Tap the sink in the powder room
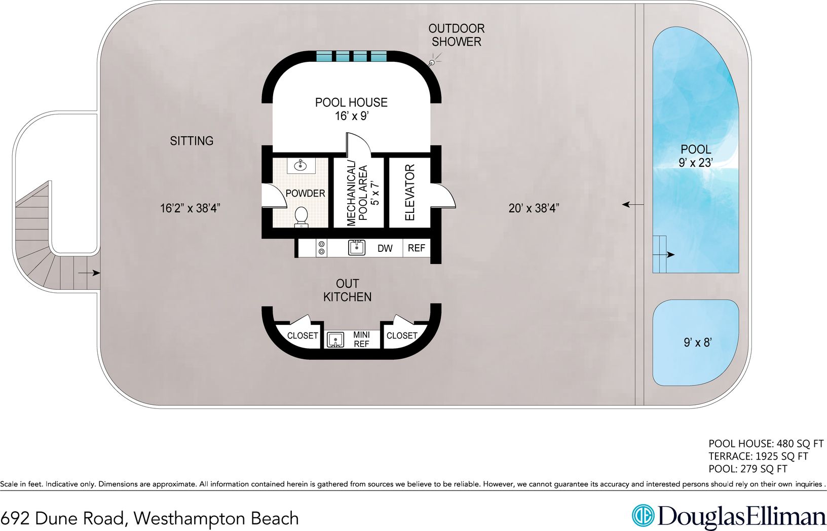[x=301, y=165]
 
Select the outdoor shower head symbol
[x=432, y=63]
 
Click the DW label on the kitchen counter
[x=385, y=248]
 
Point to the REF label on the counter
[x=417, y=248]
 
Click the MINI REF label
[x=361, y=339]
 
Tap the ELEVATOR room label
[x=410, y=193]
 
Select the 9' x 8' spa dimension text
[x=698, y=343]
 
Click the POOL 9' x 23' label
[x=696, y=156]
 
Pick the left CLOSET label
[x=303, y=335]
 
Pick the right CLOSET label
[x=402, y=335]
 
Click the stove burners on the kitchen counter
[x=321, y=248]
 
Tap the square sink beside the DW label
[x=357, y=247]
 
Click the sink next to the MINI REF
[x=335, y=339]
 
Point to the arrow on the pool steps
[x=670, y=254]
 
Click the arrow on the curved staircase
[x=90, y=273]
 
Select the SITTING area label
[x=192, y=141]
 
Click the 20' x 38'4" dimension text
[x=534, y=208]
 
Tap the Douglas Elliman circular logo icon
[x=643, y=516]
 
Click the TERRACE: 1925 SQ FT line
[x=758, y=456]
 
